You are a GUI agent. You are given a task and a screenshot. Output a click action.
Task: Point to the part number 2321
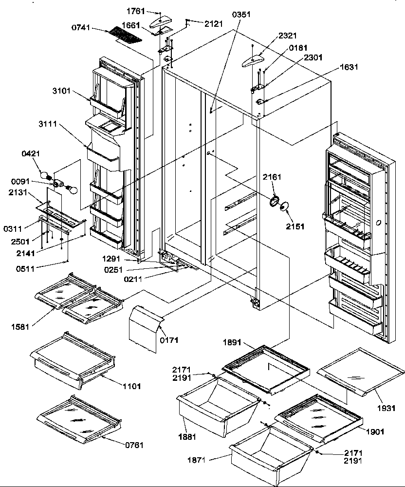pyautogui.click(x=287, y=36)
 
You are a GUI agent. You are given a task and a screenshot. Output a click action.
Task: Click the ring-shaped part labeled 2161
pyautogui.click(x=274, y=200)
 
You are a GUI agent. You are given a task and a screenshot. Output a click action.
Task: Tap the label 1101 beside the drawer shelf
pyautogui.click(x=131, y=386)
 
